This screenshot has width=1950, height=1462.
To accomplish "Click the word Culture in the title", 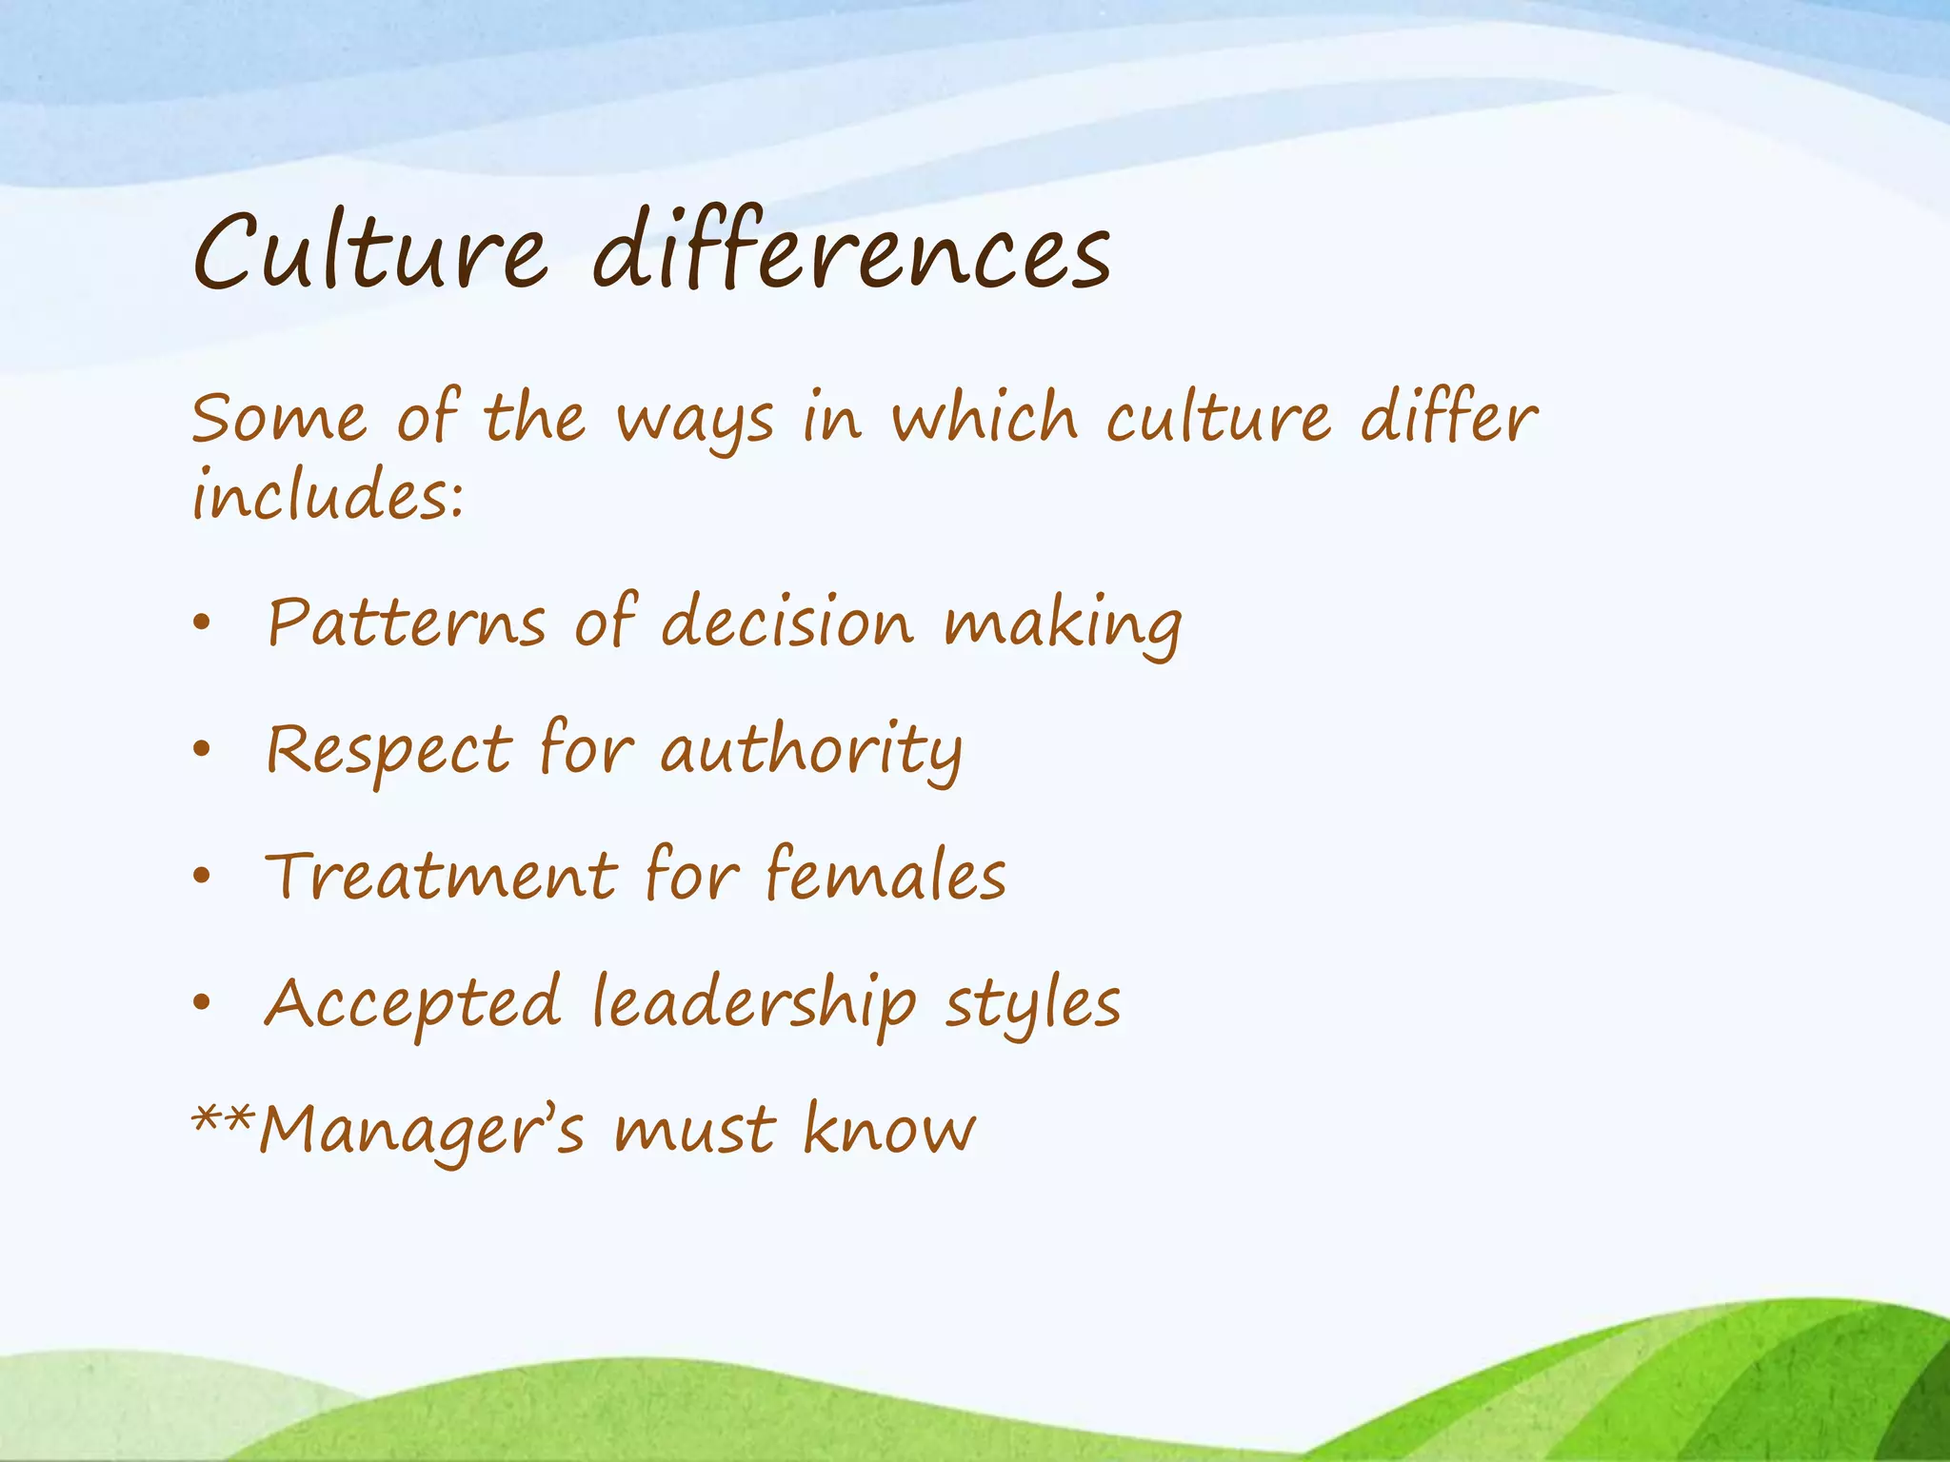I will (x=370, y=252).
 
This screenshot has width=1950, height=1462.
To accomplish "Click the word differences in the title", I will (x=852, y=249).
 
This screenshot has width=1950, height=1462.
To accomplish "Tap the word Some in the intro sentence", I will (x=279, y=419).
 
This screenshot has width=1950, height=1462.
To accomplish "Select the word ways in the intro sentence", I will (x=695, y=422).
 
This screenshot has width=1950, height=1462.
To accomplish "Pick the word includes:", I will (x=328, y=495).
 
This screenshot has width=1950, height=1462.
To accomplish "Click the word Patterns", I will (x=407, y=623).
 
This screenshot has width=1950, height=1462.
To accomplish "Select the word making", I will (x=1063, y=626).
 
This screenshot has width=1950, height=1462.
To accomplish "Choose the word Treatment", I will (x=442, y=876).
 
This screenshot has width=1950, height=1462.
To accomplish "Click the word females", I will (x=885, y=876).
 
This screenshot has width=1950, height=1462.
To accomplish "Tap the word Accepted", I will (x=413, y=1005).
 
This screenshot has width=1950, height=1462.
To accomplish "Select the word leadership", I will (x=754, y=1005).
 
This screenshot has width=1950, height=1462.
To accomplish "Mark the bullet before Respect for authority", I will (x=200, y=750).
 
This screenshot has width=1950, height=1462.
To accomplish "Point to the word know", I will (x=889, y=1130).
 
